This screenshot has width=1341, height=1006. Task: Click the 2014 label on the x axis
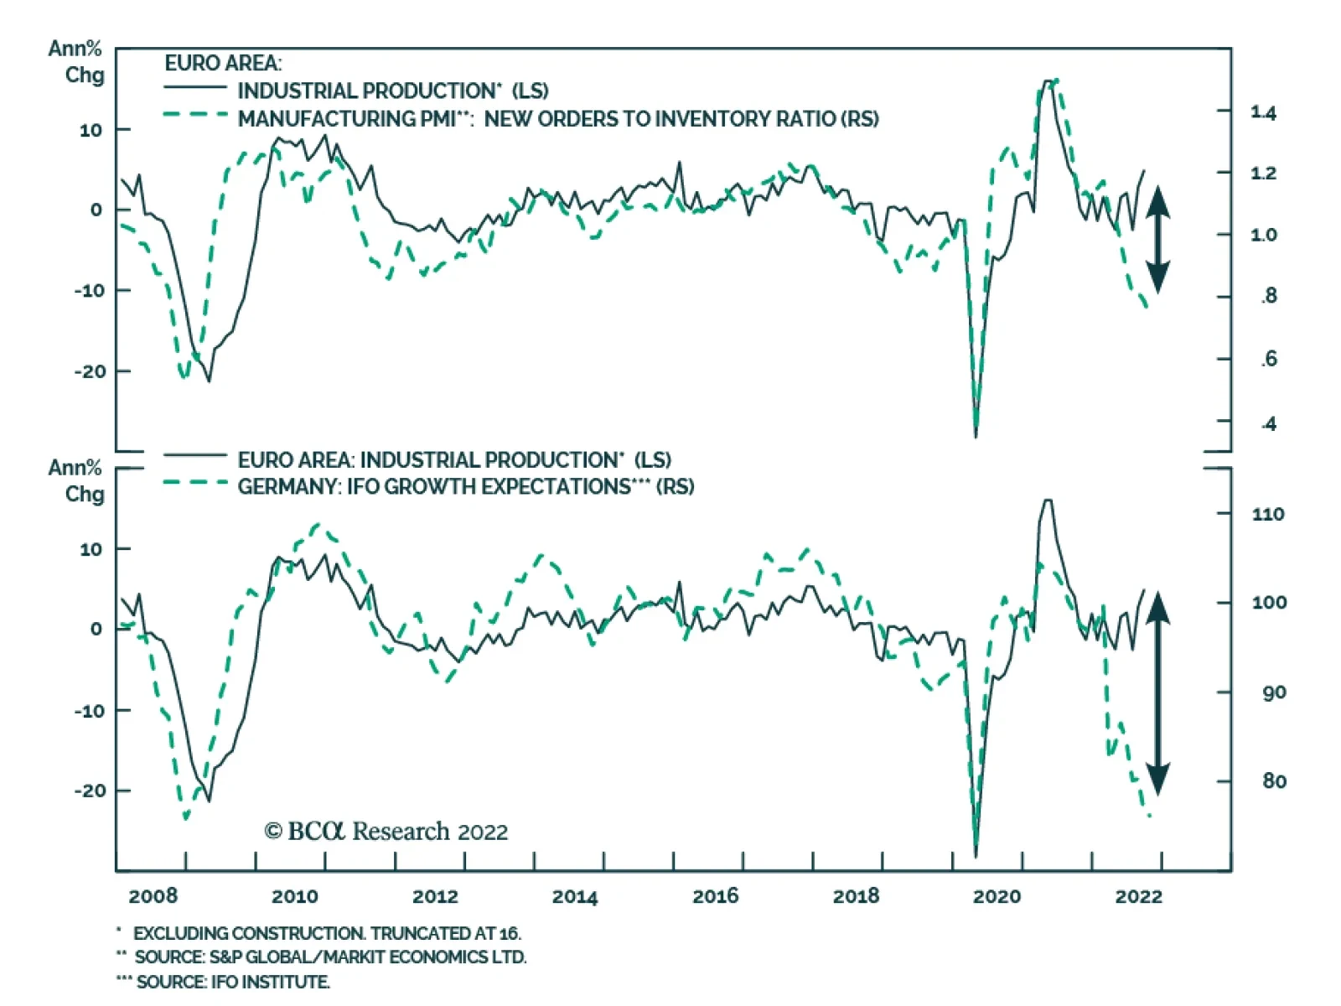pyautogui.click(x=575, y=896)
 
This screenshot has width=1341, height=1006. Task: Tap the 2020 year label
pyautogui.click(x=997, y=896)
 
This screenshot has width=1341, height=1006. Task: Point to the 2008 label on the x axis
pyautogui.click(x=153, y=896)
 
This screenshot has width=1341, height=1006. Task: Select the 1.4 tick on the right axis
pyautogui.click(x=1263, y=112)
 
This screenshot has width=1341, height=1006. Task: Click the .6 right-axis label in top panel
pyautogui.click(x=1269, y=359)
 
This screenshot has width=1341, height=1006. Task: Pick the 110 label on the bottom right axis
pyautogui.click(x=1267, y=514)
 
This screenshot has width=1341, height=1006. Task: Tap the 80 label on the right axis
pyautogui.click(x=1273, y=781)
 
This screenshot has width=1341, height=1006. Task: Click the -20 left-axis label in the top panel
pyautogui.click(x=91, y=371)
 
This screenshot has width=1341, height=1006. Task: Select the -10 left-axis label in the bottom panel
pyautogui.click(x=91, y=711)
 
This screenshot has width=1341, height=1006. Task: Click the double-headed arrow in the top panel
pyautogui.click(x=1157, y=240)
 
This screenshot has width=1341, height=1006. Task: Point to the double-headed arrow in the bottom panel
pyautogui.click(x=1157, y=692)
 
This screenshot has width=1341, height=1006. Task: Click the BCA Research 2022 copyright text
pyautogui.click(x=386, y=832)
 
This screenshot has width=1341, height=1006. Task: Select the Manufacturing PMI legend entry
pyautogui.click(x=558, y=119)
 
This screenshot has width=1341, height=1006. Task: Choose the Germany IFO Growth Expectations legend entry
pyautogui.click(x=466, y=487)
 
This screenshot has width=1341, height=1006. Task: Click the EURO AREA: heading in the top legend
pyautogui.click(x=223, y=64)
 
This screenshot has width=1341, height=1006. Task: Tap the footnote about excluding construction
pyautogui.click(x=327, y=933)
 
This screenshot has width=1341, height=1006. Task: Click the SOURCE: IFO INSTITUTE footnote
pyautogui.click(x=233, y=982)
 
